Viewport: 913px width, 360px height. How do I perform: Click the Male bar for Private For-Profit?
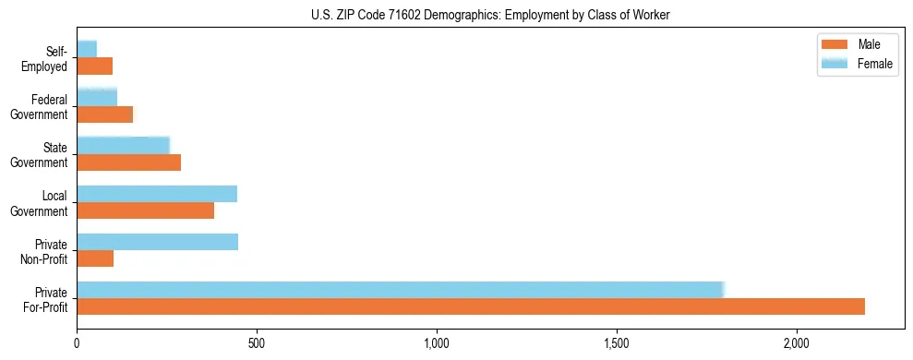point(471,306)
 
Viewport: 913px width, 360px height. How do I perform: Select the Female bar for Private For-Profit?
point(401,290)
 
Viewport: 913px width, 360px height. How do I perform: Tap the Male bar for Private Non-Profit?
point(95,258)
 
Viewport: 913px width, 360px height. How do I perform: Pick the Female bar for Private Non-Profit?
point(158,242)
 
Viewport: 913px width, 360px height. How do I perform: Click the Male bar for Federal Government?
point(105,114)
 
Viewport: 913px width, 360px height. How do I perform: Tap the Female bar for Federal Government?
point(97,98)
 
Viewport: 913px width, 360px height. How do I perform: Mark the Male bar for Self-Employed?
point(95,66)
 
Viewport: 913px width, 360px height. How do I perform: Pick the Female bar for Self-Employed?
point(87,49)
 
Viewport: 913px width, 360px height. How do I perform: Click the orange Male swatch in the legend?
point(835,45)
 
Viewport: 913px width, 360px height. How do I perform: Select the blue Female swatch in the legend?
point(835,63)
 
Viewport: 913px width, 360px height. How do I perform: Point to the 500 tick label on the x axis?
point(257,343)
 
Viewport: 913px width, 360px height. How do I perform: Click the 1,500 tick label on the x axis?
point(616,343)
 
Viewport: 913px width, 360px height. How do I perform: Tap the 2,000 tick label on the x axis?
point(796,343)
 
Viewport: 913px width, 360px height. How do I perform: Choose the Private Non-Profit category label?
point(48,250)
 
